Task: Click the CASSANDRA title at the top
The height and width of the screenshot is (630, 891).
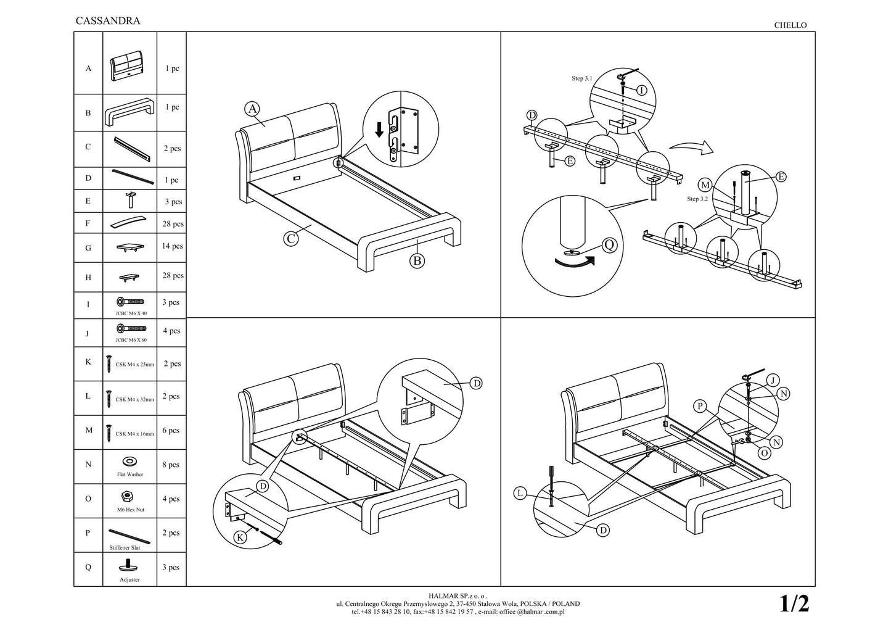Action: pyautogui.click(x=108, y=20)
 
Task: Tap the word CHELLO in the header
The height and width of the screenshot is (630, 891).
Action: pyautogui.click(x=790, y=25)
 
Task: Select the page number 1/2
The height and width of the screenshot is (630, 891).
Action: pyautogui.click(x=794, y=604)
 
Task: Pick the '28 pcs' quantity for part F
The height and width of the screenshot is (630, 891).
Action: pyautogui.click(x=173, y=224)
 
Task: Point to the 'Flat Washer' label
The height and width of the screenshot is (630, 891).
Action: pyautogui.click(x=130, y=475)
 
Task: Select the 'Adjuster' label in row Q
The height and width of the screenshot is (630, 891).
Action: pyautogui.click(x=130, y=580)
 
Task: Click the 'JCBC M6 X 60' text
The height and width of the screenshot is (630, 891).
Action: pyautogui.click(x=130, y=340)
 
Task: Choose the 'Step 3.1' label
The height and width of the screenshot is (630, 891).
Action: pyautogui.click(x=582, y=79)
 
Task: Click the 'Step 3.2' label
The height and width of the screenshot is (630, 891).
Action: pyautogui.click(x=697, y=199)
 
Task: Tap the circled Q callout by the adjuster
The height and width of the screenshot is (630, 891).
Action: pyautogui.click(x=609, y=245)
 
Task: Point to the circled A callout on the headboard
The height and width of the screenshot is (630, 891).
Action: pyautogui.click(x=252, y=109)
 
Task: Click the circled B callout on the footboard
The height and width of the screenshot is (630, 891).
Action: pyautogui.click(x=417, y=261)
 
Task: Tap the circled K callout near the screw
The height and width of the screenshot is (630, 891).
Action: pyautogui.click(x=241, y=537)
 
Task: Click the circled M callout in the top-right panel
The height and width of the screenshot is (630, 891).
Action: pyautogui.click(x=705, y=184)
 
